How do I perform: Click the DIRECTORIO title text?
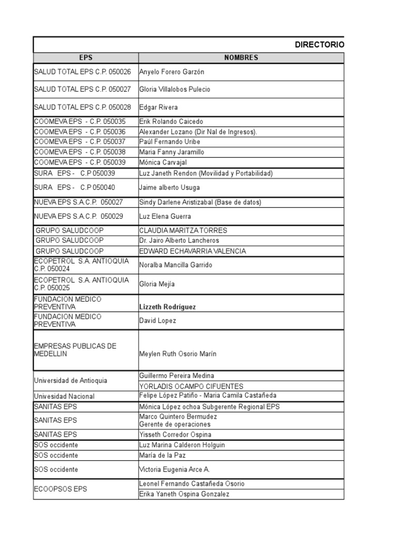(319, 45)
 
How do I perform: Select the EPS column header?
(85, 58)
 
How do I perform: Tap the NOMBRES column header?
(241, 58)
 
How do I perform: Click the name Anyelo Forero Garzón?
(171, 72)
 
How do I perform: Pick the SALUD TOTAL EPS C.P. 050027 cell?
(82, 89)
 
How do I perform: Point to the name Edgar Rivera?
(158, 107)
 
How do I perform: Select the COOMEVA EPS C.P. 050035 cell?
(80, 121)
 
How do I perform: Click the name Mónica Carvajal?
(163, 162)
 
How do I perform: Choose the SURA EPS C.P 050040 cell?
(74, 187)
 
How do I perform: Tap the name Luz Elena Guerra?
(165, 216)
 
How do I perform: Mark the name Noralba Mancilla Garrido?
(176, 265)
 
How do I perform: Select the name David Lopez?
(158, 320)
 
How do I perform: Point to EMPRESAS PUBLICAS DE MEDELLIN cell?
(75, 350)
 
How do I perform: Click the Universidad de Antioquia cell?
(70, 380)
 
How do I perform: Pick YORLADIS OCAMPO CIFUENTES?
(184, 386)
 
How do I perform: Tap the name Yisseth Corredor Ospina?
(175, 435)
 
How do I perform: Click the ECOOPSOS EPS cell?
(61, 489)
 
